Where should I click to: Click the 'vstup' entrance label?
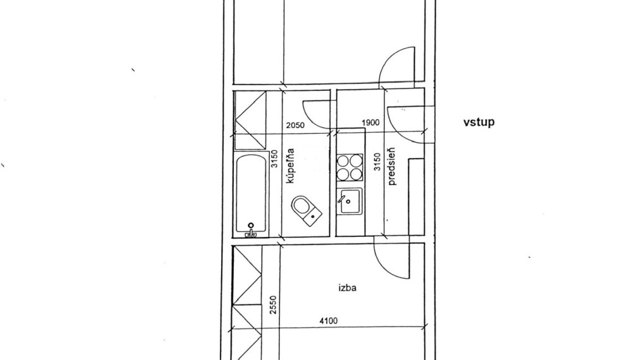[x=479, y=122]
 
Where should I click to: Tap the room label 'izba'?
[x=348, y=288]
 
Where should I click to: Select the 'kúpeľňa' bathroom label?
[x=290, y=165]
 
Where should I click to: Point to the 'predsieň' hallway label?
[x=392, y=166]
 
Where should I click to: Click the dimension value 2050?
[x=295, y=125]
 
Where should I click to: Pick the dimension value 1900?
[x=370, y=123]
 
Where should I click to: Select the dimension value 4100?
[x=328, y=321]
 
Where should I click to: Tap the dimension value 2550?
[x=273, y=304]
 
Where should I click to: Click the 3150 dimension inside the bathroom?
[x=274, y=159]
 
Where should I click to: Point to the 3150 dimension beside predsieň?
[x=377, y=162]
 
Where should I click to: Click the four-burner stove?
[x=350, y=167]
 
